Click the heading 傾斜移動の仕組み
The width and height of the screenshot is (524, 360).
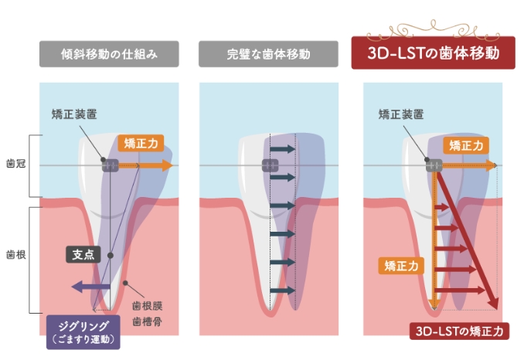(109, 54)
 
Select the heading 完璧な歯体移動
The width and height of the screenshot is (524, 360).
(268, 54)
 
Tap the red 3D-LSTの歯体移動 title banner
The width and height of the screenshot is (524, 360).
(433, 53)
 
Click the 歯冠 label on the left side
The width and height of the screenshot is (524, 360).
(15, 165)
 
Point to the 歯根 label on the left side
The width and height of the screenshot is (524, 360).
(15, 254)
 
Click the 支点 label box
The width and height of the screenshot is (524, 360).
(83, 254)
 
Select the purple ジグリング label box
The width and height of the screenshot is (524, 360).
(83, 331)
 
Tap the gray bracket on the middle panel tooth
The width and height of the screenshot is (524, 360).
(270, 165)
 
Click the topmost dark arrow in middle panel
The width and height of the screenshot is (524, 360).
(284, 148)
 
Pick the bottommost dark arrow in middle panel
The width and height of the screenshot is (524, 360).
(284, 290)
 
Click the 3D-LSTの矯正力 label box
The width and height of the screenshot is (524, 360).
(459, 331)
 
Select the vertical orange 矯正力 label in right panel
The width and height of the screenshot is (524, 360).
(402, 265)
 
